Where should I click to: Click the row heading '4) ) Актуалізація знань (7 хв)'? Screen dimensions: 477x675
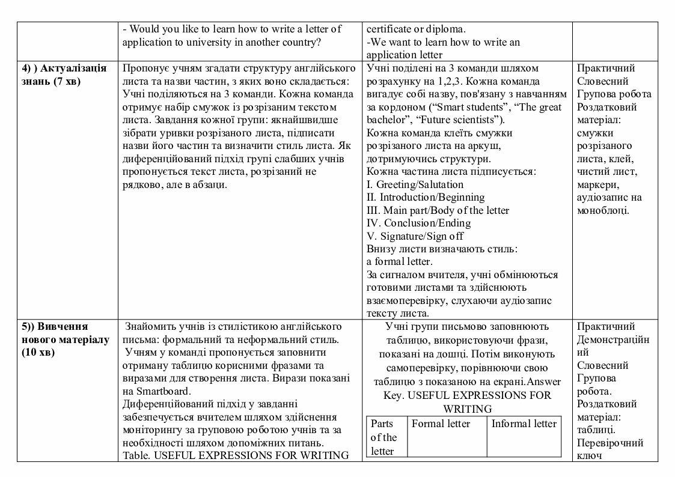[64, 74]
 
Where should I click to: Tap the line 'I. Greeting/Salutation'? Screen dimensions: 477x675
[415, 184]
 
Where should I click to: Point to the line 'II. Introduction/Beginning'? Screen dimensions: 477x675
[425, 197]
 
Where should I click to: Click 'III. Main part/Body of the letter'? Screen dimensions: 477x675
[438, 210]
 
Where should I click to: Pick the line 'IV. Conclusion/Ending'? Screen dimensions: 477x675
[418, 223]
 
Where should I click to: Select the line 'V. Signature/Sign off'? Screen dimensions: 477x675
[415, 236]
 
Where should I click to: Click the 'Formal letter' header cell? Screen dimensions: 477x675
[441, 424]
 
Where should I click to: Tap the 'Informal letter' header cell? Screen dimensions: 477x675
[524, 424]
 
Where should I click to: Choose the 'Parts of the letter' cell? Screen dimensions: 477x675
[383, 437]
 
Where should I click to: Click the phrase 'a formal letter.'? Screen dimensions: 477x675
[399, 262]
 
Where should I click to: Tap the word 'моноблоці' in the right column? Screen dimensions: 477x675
[603, 210]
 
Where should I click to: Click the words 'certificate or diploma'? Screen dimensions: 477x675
[416, 29]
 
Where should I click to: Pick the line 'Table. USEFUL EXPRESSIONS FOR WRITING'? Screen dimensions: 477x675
[236, 455]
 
